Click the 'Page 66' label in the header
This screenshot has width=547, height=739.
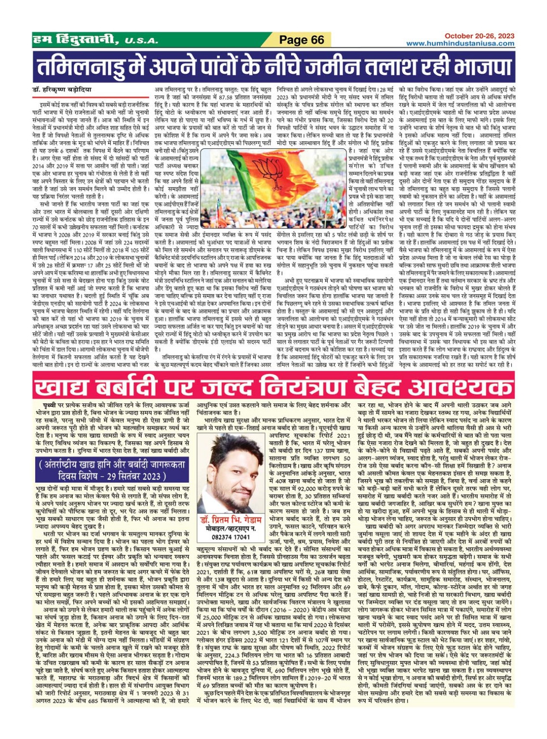[x=302, y=40]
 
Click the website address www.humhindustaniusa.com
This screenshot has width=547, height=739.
[x=460, y=43]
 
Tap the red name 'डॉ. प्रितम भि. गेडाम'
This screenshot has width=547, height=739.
[x=230, y=520]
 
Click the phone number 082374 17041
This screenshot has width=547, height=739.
[x=230, y=537]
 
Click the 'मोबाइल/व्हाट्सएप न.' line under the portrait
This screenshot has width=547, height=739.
[x=230, y=529]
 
